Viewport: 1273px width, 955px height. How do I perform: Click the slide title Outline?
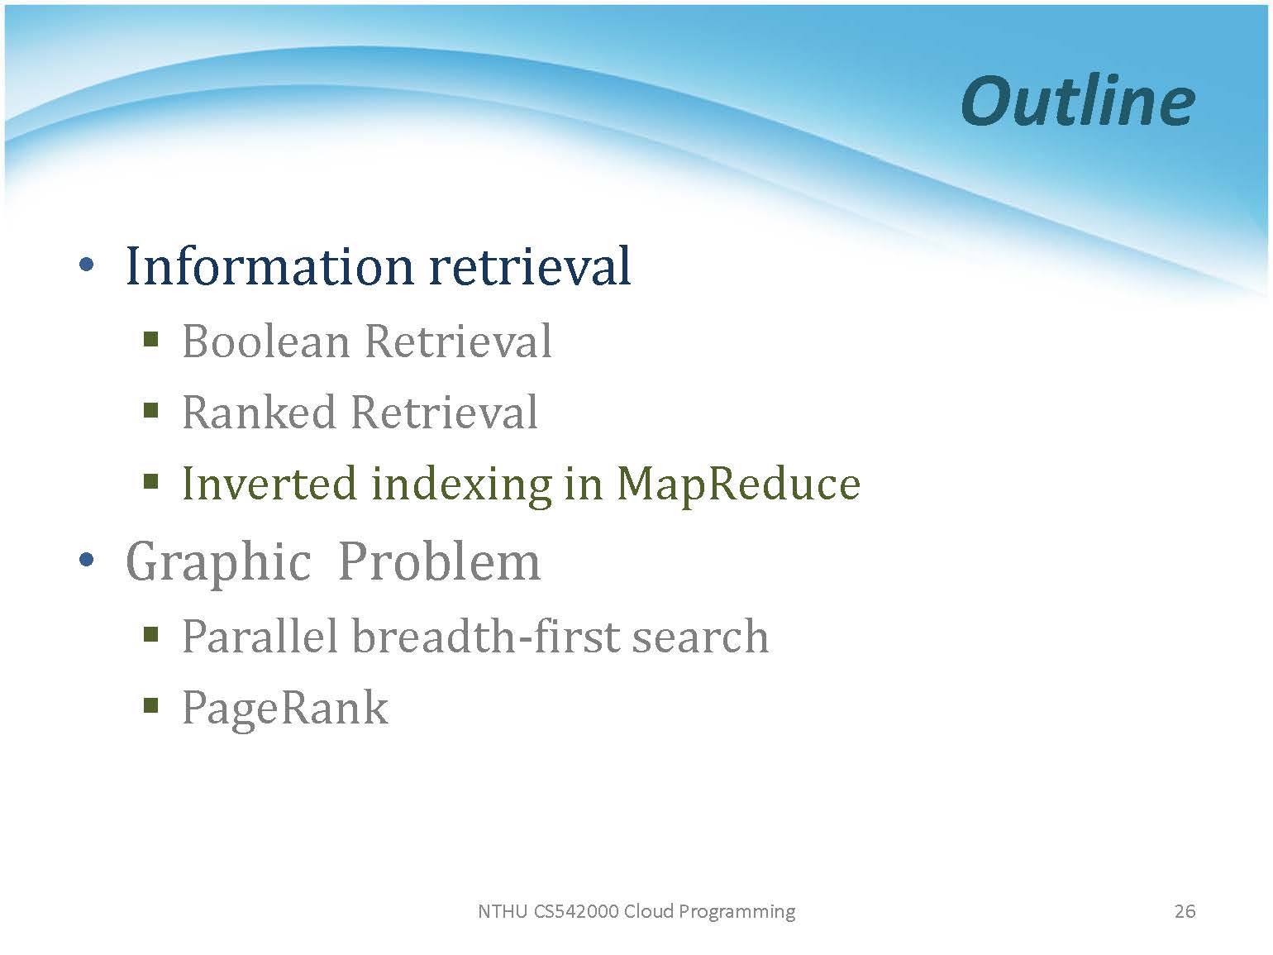[1078, 102]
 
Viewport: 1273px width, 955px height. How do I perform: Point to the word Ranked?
[260, 412]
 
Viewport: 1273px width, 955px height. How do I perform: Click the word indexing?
[461, 486]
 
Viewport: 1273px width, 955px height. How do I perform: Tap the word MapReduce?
[738, 486]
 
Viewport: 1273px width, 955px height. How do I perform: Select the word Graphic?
[219, 561]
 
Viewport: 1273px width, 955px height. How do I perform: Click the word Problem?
[439, 561]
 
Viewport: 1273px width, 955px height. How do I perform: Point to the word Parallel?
[260, 636]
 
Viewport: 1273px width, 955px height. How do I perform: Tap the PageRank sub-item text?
[285, 709]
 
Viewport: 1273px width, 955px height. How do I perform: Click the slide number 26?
[1185, 911]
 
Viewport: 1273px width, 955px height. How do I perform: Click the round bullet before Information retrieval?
[87, 265]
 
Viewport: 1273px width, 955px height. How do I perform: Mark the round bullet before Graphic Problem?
[87, 560]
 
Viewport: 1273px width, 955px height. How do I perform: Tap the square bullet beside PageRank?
[150, 704]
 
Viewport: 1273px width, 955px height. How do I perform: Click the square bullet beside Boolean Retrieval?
[150, 338]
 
